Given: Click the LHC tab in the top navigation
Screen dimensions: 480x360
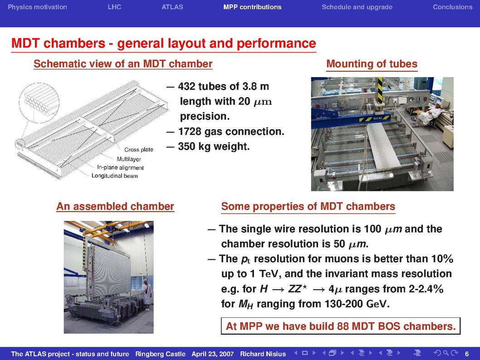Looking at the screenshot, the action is (x=114, y=7).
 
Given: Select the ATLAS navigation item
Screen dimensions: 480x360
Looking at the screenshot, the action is (x=172, y=7).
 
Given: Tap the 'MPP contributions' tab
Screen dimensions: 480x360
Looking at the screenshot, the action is (x=252, y=7).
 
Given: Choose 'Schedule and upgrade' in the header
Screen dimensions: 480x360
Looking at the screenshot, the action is (x=357, y=7).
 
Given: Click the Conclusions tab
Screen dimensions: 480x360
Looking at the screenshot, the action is (x=452, y=7).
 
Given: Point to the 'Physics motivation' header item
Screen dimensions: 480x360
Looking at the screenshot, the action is (x=37, y=7).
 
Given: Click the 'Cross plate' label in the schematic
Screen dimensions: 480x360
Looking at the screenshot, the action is (x=139, y=150).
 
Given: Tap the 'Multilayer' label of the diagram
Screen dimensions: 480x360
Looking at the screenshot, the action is (x=129, y=159).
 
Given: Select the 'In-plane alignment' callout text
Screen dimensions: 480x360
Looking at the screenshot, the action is (x=120, y=168).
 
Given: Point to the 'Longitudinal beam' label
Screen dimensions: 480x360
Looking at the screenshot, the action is (x=114, y=176).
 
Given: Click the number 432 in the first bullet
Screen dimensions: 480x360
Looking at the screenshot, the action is (x=186, y=87).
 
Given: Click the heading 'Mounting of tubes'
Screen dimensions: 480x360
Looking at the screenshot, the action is (x=372, y=63).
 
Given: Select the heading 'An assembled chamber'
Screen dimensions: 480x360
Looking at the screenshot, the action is (x=115, y=206).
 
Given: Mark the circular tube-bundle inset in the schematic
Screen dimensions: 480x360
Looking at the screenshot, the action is (x=39, y=103).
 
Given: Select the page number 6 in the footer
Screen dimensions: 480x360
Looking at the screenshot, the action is (x=467, y=354).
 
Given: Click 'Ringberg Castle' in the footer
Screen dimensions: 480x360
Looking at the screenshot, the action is (x=161, y=354).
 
